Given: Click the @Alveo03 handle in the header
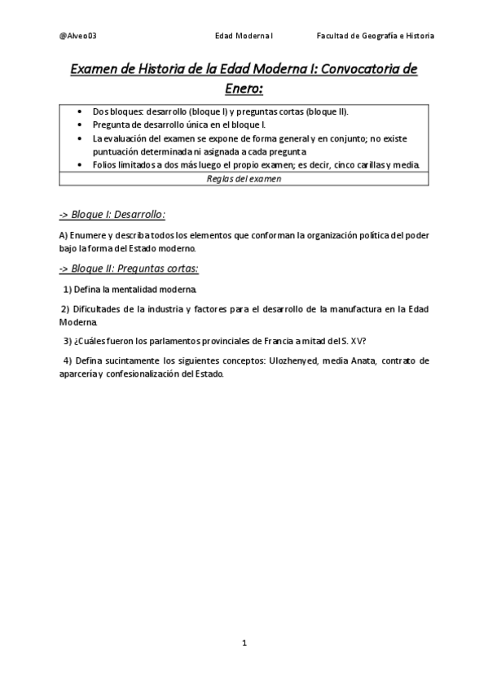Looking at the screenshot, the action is pos(78,36).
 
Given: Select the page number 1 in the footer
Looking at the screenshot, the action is pos(244,643).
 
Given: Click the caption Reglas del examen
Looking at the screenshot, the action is pos(244,179).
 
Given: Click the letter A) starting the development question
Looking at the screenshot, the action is pos(64,235).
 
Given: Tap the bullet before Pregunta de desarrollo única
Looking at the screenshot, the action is pos(78,124).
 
